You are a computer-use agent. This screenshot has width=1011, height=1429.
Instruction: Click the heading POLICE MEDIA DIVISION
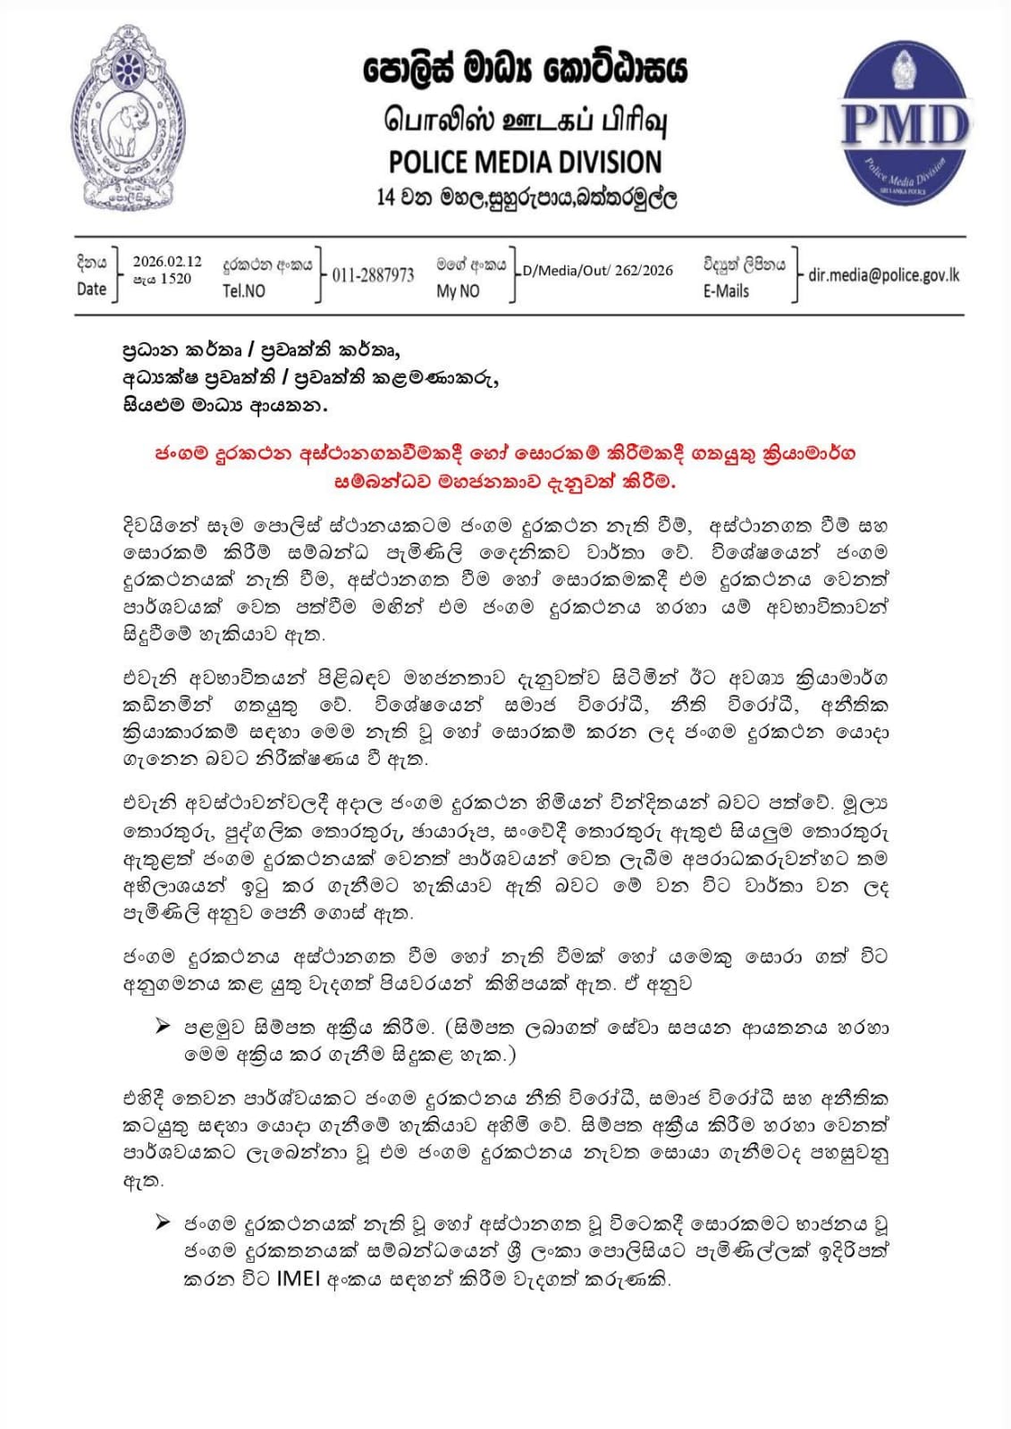pyautogui.click(x=525, y=162)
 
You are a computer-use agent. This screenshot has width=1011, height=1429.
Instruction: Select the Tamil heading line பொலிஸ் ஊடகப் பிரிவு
pyautogui.click(x=526, y=120)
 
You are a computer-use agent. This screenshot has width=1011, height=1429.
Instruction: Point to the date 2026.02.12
pyautogui.click(x=167, y=262)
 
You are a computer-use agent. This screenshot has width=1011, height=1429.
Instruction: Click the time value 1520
pyautogui.click(x=175, y=279)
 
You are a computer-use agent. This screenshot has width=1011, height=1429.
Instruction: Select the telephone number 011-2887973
pyautogui.click(x=373, y=275)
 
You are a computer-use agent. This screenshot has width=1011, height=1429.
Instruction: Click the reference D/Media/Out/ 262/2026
pyautogui.click(x=598, y=270)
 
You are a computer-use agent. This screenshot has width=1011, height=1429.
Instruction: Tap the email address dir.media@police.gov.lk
pyautogui.click(x=883, y=274)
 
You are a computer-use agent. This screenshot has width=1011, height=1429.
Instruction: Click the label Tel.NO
pyautogui.click(x=244, y=290)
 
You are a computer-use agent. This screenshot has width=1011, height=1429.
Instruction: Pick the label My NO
pyautogui.click(x=458, y=290)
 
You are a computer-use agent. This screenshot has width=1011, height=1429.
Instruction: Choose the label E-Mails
pyautogui.click(x=726, y=290)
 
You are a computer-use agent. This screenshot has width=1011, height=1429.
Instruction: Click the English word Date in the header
pyautogui.click(x=91, y=289)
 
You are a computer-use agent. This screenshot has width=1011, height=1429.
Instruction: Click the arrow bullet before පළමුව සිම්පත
pyautogui.click(x=163, y=1026)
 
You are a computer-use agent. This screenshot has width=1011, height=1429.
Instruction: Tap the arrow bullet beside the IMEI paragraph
pyautogui.click(x=163, y=1222)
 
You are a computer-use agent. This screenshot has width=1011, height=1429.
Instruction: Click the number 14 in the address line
pyautogui.click(x=386, y=197)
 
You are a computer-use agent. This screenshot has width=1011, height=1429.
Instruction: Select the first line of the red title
pyautogui.click(x=505, y=453)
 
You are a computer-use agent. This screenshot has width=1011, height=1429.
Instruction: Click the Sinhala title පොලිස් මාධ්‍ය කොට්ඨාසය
pyautogui.click(x=526, y=69)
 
